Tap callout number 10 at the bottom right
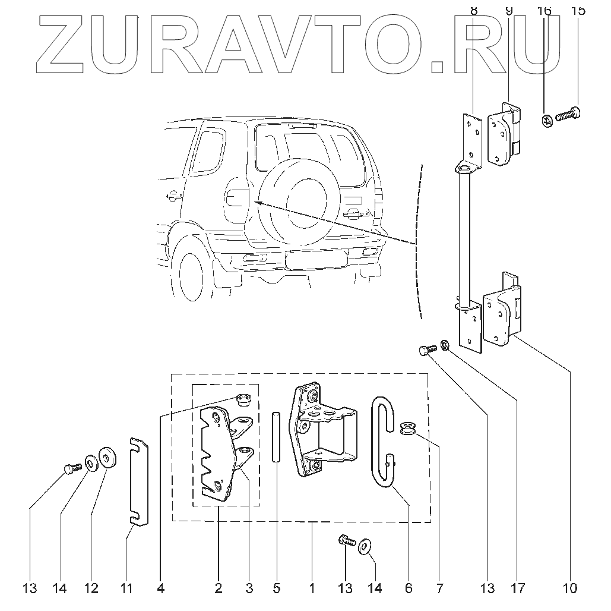[x=570, y=588]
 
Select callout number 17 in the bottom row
[x=518, y=588]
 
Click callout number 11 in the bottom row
[x=126, y=588]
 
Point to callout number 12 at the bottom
[x=91, y=588]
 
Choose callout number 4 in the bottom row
[x=160, y=588]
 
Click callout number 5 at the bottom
[x=277, y=588]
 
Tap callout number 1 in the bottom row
[x=312, y=588]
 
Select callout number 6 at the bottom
[x=409, y=588]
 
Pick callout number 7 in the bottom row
[x=439, y=588]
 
